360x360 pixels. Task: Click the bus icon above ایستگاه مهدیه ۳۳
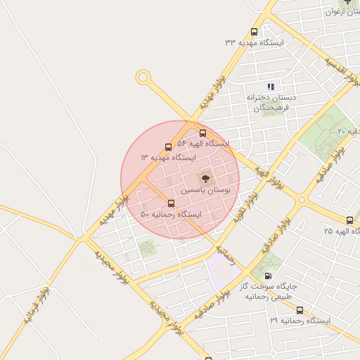pos(254,32)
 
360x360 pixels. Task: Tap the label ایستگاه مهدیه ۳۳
pos(254,43)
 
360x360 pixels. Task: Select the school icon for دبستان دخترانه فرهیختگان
pos(271,86)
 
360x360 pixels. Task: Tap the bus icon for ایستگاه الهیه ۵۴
pos(203,133)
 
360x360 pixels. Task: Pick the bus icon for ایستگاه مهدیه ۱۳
pos(168,147)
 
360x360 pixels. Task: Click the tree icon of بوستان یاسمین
pos(205,179)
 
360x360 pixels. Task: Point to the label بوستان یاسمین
pos(204,190)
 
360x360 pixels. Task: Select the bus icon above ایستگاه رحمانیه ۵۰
pos(171,203)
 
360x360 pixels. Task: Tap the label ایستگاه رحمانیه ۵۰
pos(171,214)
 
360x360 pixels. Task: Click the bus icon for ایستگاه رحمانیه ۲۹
pos(300,310)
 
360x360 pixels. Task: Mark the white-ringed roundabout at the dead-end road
pos(143,77)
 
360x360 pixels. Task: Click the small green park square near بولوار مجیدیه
pos(147,247)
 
